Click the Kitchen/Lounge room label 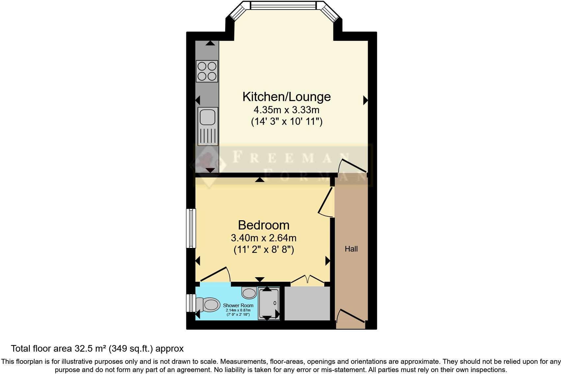tap(286, 97)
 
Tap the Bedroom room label tap(263, 225)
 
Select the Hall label tap(351, 249)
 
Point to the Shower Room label tap(238, 306)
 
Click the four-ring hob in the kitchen tap(207, 71)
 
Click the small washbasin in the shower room tap(249, 292)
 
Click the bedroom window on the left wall tap(191, 228)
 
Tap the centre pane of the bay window tap(283, 6)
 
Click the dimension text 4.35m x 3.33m tap(286, 110)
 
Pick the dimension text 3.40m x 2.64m tap(263, 238)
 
